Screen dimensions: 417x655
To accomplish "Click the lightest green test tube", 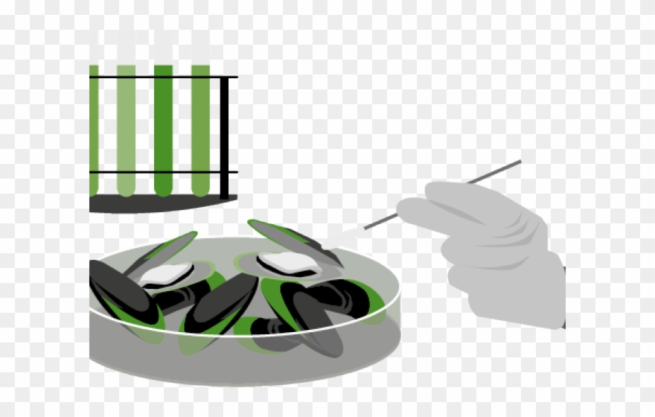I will point(126,127).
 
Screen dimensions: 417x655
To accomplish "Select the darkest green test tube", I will point(163,127).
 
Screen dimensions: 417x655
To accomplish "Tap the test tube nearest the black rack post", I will point(200,127).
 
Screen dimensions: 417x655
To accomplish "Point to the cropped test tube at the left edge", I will point(94,127).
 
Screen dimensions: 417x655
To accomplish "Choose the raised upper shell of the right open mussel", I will point(287,236).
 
